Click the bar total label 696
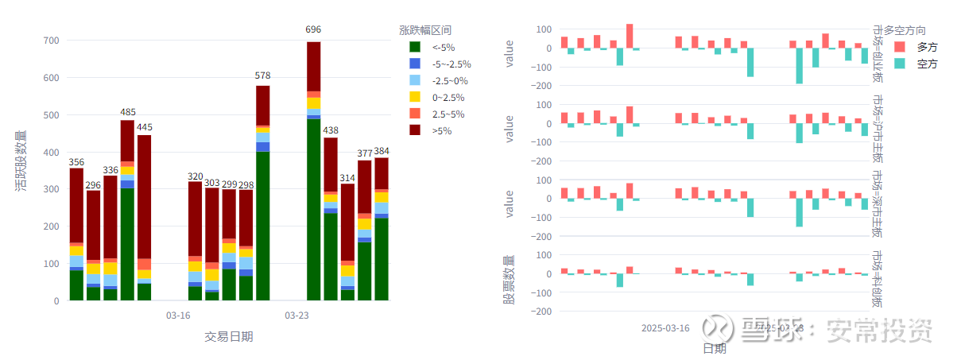pyautogui.click(x=314, y=30)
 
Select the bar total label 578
pyautogui.click(x=262, y=75)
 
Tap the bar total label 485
pyautogui.click(x=127, y=113)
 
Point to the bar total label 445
pyautogui.click(x=144, y=127)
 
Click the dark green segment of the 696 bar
pyautogui.click(x=314, y=210)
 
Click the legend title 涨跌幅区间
pyautogui.click(x=425, y=30)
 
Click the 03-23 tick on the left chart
pyautogui.click(x=296, y=316)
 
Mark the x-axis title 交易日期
pyautogui.click(x=229, y=337)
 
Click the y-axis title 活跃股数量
pyautogui.click(x=21, y=161)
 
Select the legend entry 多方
pyautogui.click(x=927, y=47)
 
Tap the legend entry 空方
pyautogui.click(x=927, y=64)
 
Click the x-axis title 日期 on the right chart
pyautogui.click(x=714, y=348)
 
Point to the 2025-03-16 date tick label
pyautogui.click(x=665, y=328)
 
